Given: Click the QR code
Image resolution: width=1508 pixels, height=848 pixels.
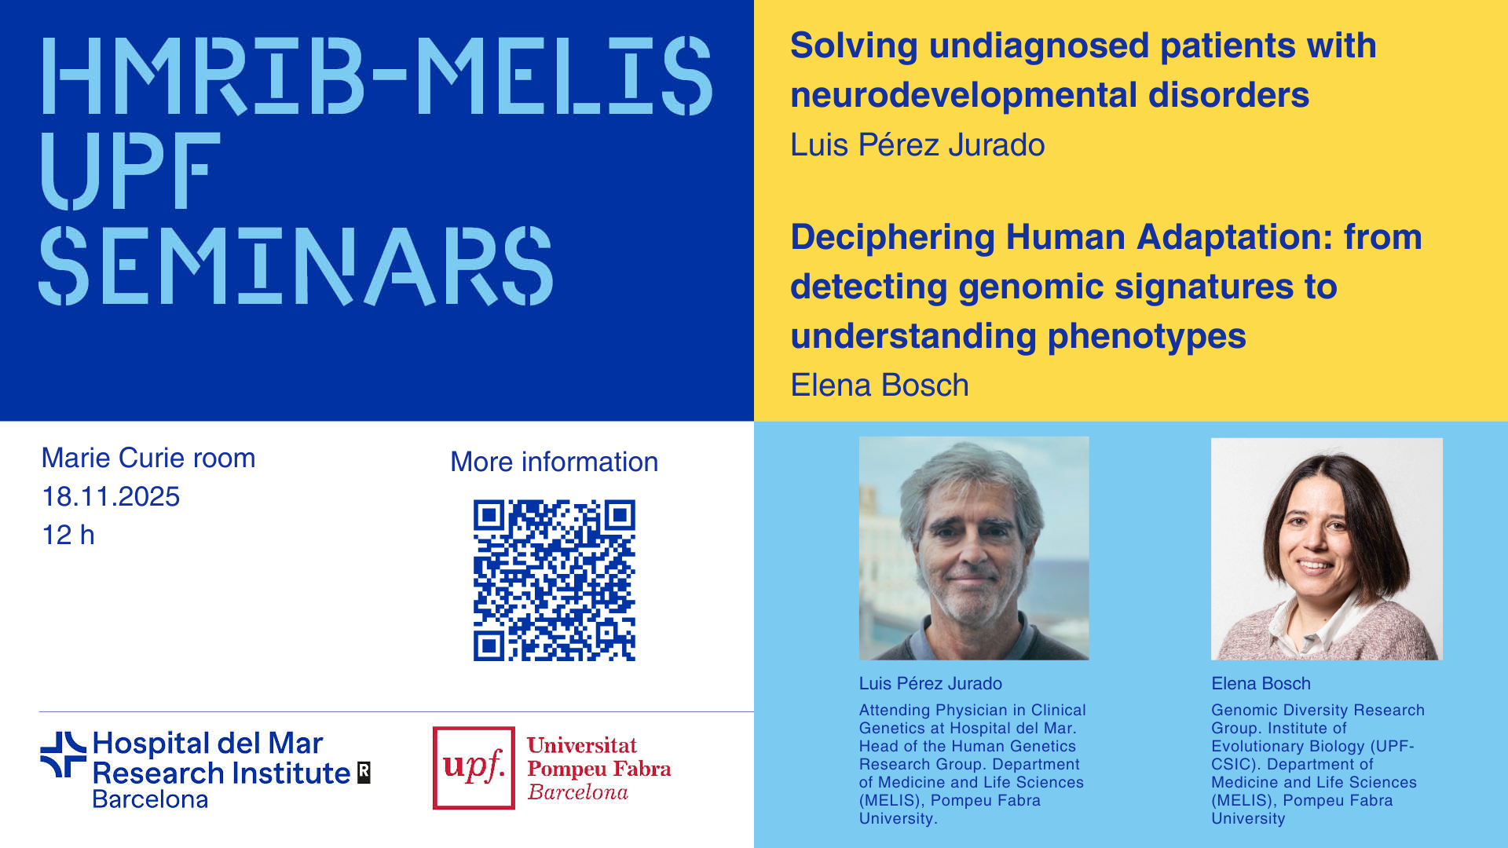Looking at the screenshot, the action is coord(554,580).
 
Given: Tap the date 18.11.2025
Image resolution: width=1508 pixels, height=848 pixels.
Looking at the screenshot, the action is coord(111,496).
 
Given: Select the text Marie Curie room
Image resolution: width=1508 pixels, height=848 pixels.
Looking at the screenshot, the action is coord(148,458).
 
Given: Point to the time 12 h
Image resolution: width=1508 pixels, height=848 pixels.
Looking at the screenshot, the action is coord(68,535).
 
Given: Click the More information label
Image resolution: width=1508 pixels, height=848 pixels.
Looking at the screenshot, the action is coord(555,462).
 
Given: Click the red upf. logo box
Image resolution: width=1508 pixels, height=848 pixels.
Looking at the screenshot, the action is coord(474,768).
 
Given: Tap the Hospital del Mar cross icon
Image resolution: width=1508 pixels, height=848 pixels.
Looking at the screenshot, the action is coord(63,755).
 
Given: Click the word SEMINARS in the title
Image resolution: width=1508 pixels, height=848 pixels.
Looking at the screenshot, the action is coord(297,266).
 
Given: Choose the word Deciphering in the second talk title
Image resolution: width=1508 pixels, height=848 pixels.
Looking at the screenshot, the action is coord(892,238).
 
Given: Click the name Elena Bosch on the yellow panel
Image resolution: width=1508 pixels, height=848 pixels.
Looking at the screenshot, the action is coord(880,386).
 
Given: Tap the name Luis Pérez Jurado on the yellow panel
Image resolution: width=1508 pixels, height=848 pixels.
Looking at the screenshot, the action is coord(917,145).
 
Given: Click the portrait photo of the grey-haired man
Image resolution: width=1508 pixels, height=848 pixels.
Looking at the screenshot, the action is coord(974,548).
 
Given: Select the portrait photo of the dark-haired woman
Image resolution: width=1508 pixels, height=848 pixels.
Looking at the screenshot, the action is coord(1327,548).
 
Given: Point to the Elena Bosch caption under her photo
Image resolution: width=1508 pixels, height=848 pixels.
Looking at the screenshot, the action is coord(1261,684).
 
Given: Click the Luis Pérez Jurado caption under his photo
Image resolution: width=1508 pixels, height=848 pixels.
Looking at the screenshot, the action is coord(930,684).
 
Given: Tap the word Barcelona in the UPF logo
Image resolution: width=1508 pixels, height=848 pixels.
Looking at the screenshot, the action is coord(578,792).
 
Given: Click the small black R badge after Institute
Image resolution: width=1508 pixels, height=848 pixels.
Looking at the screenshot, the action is coord(364,773).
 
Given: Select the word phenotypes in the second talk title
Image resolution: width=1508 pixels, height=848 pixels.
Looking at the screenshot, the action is coord(1147,337).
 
